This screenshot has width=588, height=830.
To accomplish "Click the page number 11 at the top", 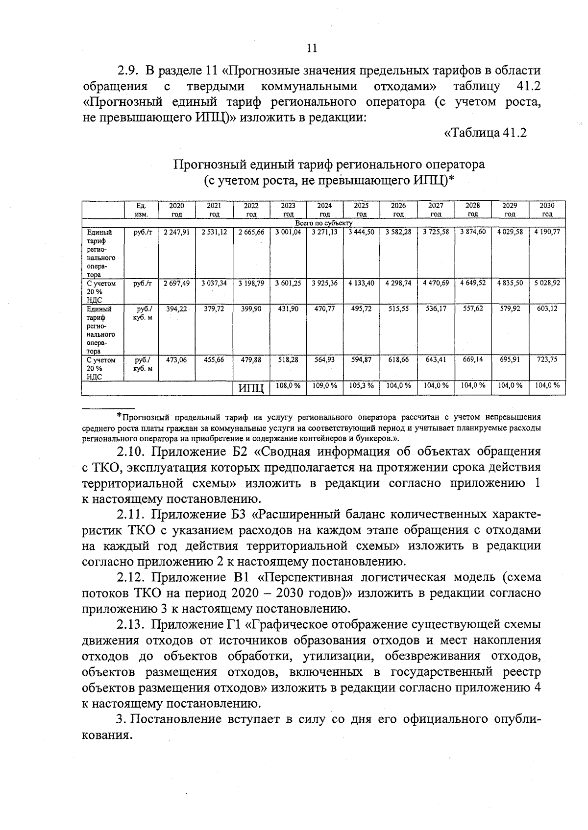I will pyautogui.click(x=312, y=48).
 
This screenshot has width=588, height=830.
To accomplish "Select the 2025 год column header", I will pyautogui.click(x=361, y=210).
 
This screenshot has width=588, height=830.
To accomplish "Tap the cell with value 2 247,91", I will pyautogui.click(x=176, y=232).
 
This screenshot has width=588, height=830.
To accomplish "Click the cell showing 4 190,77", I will pyautogui.click(x=547, y=232).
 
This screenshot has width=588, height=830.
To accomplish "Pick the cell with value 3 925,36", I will pyautogui.click(x=324, y=283).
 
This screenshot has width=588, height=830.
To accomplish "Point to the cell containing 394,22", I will pyautogui.click(x=176, y=309).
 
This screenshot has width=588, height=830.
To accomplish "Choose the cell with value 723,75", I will pyautogui.click(x=547, y=359).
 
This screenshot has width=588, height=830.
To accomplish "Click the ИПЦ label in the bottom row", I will pyautogui.click(x=251, y=389).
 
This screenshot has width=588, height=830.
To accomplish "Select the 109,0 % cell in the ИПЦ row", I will pyautogui.click(x=324, y=386).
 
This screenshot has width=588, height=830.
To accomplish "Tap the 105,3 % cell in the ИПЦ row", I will pyautogui.click(x=361, y=386).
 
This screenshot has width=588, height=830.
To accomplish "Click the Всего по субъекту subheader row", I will pyautogui.click(x=324, y=223).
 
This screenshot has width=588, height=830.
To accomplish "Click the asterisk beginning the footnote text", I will pyautogui.click(x=119, y=416).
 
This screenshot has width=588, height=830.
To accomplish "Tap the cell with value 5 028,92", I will pyautogui.click(x=547, y=283).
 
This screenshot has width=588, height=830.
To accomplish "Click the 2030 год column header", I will pyautogui.click(x=547, y=210).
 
